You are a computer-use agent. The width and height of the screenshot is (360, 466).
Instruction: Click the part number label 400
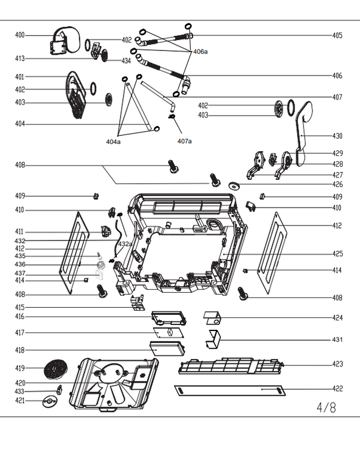[x=20, y=35]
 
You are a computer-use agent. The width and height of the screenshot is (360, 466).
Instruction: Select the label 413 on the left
[x=20, y=59]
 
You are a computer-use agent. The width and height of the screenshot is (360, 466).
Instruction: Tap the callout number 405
[x=337, y=35]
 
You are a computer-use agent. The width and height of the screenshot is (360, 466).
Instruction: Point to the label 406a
[x=200, y=52]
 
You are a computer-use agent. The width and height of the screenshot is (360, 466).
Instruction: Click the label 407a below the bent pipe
[x=185, y=142]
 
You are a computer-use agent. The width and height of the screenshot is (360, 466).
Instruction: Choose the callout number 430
[x=337, y=136]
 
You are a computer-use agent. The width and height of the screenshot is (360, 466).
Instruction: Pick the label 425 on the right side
[x=337, y=254]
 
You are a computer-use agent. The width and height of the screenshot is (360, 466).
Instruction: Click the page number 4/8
[x=326, y=408]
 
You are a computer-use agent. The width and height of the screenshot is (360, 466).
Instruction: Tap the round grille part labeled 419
[x=57, y=367]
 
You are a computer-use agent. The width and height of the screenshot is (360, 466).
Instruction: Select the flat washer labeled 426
[x=233, y=185]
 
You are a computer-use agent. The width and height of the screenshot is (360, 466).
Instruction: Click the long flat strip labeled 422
[x=229, y=390]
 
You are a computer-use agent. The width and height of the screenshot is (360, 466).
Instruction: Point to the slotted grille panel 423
[x=231, y=365]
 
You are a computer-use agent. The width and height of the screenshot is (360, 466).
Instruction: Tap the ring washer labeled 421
[x=49, y=401]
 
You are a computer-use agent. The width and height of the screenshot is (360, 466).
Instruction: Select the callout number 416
[x=20, y=316]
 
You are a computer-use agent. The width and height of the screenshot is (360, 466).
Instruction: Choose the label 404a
[x=113, y=142]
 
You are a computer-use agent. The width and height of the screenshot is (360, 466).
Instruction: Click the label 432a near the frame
[x=125, y=244]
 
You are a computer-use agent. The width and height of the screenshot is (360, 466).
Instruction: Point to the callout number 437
[x=20, y=273]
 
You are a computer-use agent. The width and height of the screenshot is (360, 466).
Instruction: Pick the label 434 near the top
[x=126, y=61]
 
